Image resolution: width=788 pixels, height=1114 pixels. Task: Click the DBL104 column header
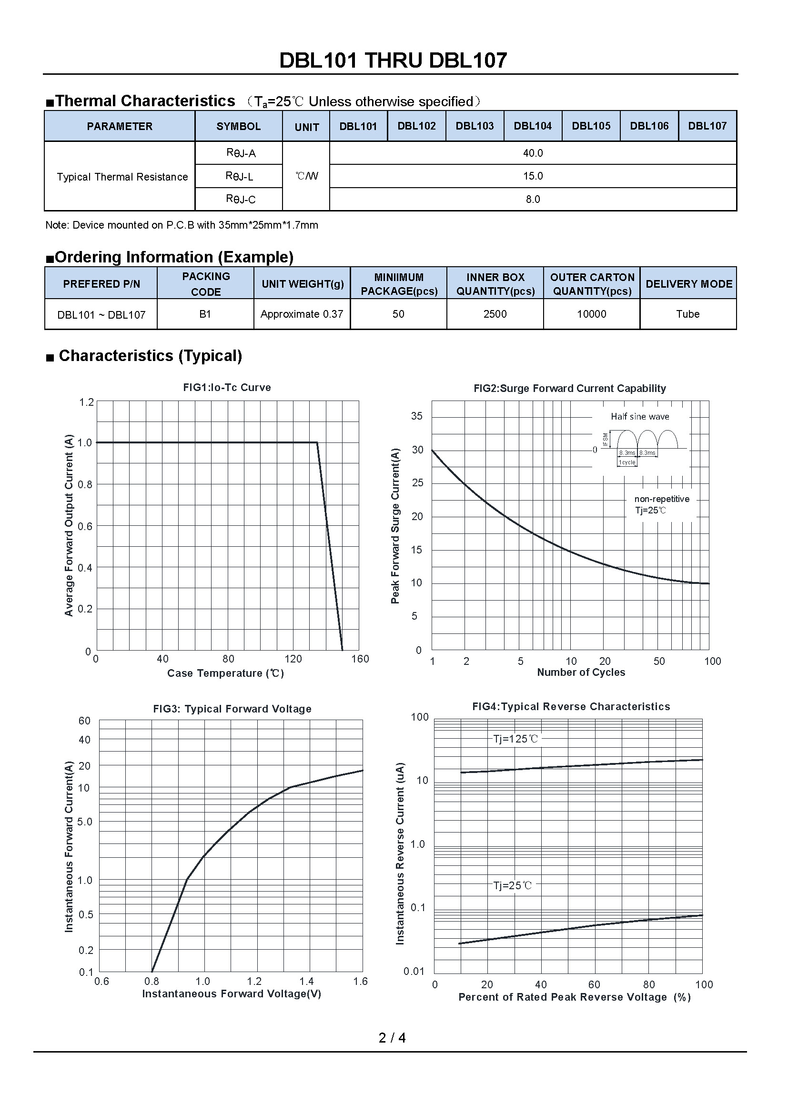pyautogui.click(x=533, y=126)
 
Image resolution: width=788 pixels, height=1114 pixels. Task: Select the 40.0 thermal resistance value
pyautogui.click(x=533, y=153)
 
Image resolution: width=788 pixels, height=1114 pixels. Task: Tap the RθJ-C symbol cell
pyautogui.click(x=240, y=199)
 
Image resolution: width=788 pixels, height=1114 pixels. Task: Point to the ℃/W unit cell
pyautogui.click(x=307, y=176)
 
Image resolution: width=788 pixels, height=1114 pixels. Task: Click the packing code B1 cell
pyautogui.click(x=205, y=314)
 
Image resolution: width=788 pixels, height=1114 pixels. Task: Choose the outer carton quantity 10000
pyautogui.click(x=592, y=314)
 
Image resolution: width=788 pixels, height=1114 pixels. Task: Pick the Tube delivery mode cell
pyautogui.click(x=687, y=314)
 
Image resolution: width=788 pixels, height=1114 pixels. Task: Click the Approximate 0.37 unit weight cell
pyautogui.click(x=302, y=314)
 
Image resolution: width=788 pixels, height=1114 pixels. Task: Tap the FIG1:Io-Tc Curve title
pyautogui.click(x=227, y=388)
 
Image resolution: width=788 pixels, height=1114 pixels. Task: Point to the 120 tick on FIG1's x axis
pyautogui.click(x=293, y=659)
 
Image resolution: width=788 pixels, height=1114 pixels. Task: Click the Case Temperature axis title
pyautogui.click(x=225, y=673)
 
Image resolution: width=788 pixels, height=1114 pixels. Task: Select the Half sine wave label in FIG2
pyautogui.click(x=639, y=417)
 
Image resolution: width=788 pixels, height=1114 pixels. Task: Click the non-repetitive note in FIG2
pyautogui.click(x=661, y=499)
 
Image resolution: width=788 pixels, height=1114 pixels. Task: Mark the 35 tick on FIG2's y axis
pyautogui.click(x=417, y=416)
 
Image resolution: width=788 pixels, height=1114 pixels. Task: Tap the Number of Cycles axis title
pyautogui.click(x=581, y=672)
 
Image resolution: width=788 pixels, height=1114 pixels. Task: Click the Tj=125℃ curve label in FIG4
pyautogui.click(x=515, y=739)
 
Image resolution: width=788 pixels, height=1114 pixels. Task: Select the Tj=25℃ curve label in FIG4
pyautogui.click(x=513, y=885)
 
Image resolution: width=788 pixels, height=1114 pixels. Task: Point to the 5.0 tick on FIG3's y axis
pyautogui.click(x=85, y=822)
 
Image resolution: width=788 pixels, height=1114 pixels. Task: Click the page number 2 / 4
pyautogui.click(x=392, y=1038)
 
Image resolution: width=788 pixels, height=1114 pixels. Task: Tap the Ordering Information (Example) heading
pyautogui.click(x=174, y=257)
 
